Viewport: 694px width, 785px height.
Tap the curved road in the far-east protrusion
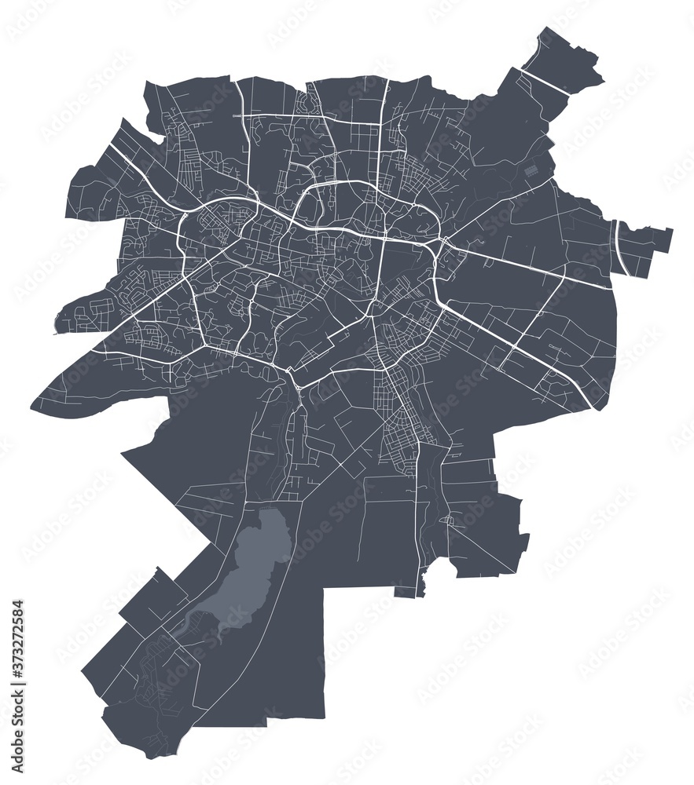(621, 247)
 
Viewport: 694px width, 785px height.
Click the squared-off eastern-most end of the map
(670, 240)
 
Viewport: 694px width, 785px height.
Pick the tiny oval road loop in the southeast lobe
(447, 520)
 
